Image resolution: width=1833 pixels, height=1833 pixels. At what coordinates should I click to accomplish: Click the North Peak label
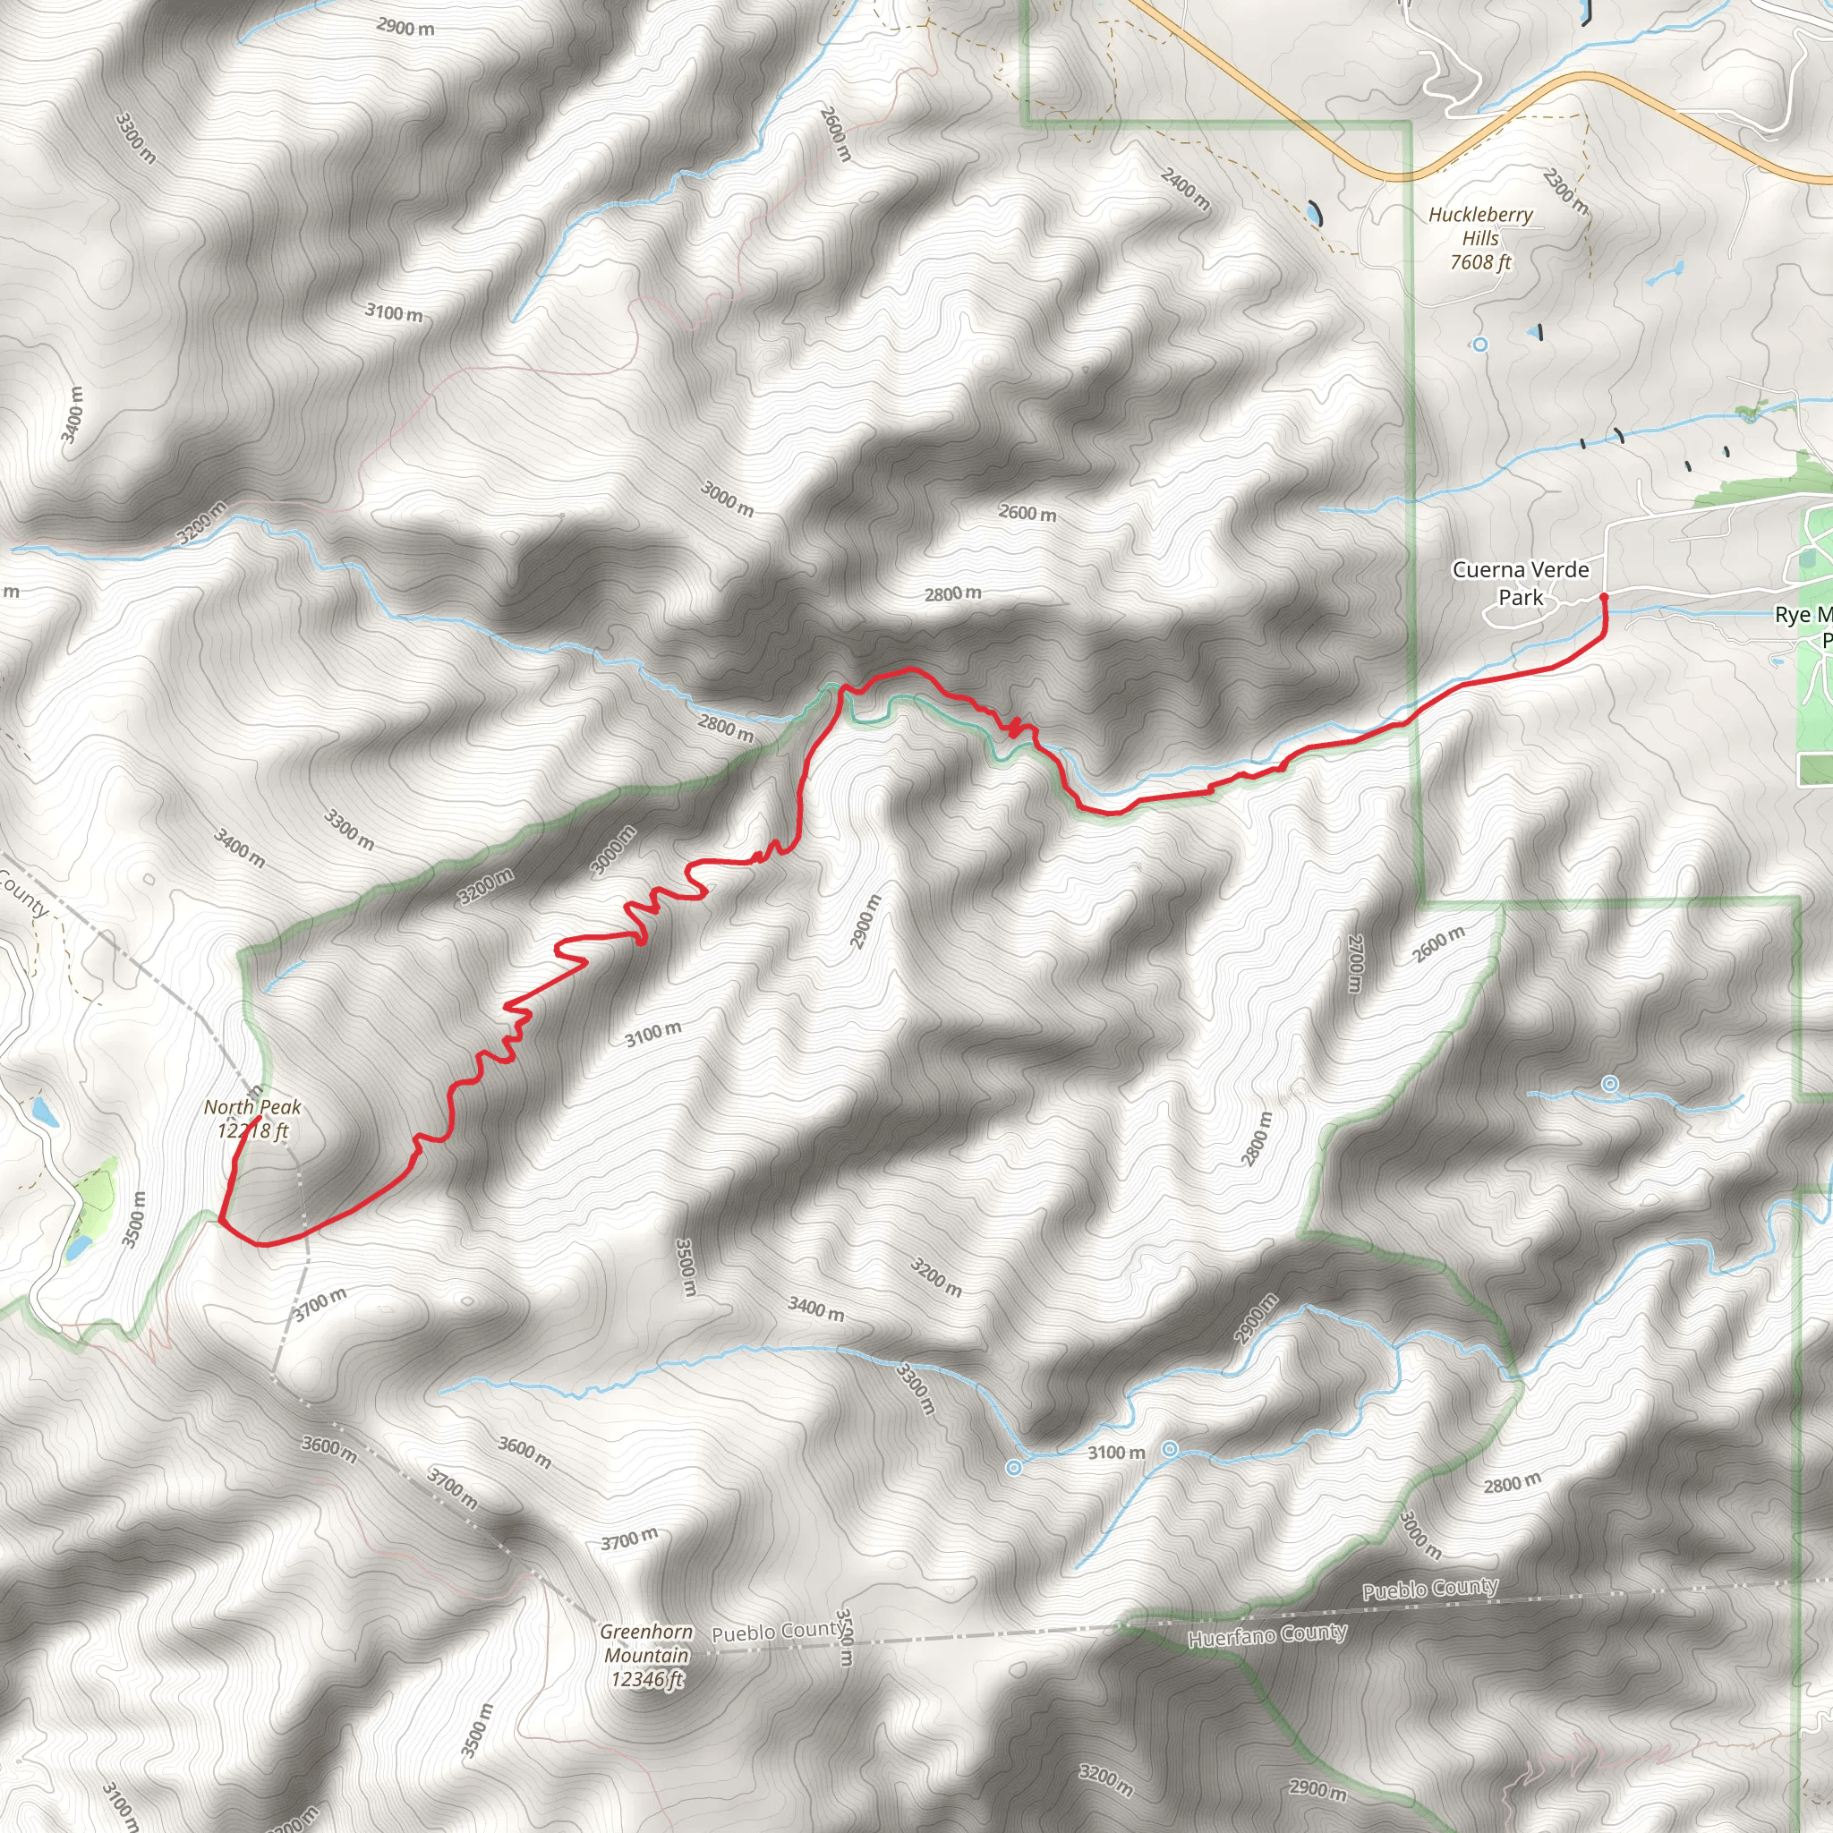click(252, 1107)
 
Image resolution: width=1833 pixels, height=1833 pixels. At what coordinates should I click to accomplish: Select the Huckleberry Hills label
click(1480, 226)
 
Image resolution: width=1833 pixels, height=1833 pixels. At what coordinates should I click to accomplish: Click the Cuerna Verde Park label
click(1520, 583)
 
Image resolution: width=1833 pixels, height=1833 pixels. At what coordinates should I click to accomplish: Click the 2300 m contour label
click(1564, 191)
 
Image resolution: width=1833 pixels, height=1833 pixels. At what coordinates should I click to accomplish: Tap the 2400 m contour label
click(1185, 188)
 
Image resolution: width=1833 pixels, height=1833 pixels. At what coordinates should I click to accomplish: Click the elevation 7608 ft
click(1480, 262)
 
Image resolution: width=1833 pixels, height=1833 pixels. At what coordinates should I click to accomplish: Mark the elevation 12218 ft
click(252, 1131)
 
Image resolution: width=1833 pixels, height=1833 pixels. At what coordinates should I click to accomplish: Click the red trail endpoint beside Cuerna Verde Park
click(1603, 597)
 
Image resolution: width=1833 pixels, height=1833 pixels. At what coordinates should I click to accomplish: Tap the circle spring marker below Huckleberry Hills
click(1480, 345)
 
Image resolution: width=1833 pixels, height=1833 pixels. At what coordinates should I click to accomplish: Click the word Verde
click(1554, 569)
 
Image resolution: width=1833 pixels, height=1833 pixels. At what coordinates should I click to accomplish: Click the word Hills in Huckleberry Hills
click(1480, 238)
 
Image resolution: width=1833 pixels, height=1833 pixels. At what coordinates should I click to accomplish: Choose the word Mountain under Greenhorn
click(647, 1656)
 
